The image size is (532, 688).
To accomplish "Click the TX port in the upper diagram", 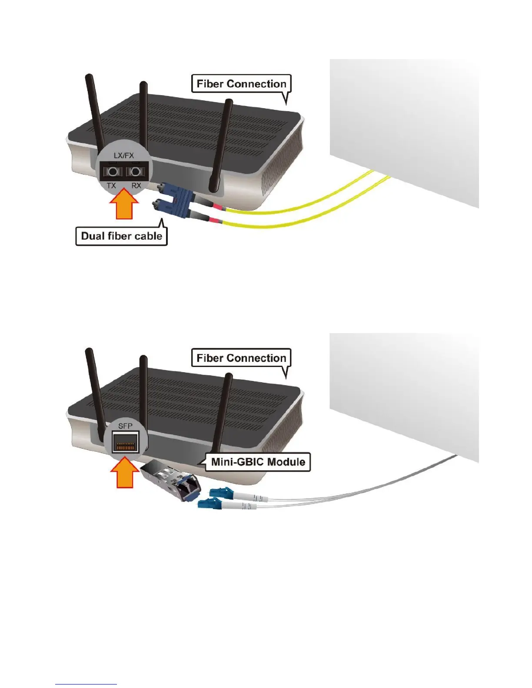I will coord(113,172).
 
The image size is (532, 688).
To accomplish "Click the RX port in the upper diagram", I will coord(136,172).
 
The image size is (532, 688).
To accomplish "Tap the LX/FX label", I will coord(124,155).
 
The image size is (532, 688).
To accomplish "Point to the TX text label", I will coord(111,185).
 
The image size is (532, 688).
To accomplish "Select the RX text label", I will coord(136,185).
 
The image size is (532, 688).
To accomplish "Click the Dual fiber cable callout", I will coord(122,236).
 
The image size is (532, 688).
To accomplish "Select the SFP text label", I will coord(125,426).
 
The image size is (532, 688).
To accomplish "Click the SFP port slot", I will coord(125,443).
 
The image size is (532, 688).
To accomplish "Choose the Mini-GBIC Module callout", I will coord(258,462).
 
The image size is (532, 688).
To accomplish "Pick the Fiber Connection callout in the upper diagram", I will coord(241,84).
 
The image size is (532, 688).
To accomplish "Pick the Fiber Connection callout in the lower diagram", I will coord(241,358).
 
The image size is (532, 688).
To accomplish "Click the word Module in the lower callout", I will coord(286,462).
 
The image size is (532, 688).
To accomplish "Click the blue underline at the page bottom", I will coord(86,684).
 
